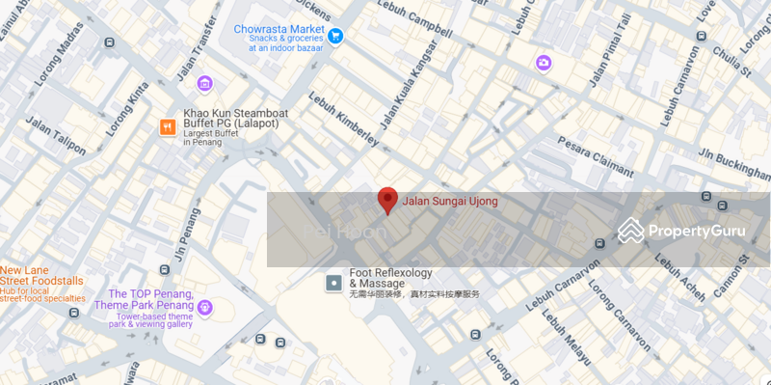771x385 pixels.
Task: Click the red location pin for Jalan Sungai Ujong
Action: coord(387,200)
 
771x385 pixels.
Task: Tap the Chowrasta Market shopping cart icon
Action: coord(335,37)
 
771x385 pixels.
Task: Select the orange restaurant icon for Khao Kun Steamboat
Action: coord(168,126)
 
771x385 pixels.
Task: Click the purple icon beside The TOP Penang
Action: coord(204,308)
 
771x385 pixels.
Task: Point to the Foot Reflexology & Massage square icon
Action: coord(333,283)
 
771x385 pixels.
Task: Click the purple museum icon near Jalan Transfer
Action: coord(204,83)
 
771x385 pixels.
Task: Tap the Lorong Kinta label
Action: coord(121,111)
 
